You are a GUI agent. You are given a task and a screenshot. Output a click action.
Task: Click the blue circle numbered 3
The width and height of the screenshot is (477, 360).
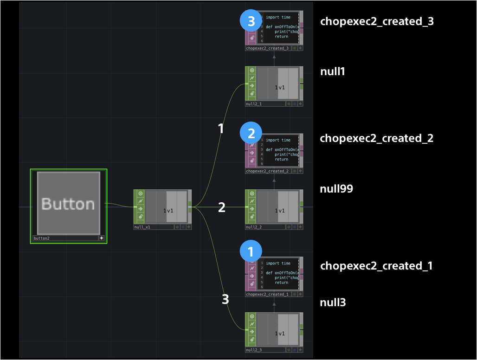[x=251, y=21]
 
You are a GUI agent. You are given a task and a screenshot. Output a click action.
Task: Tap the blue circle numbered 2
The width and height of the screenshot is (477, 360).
[x=251, y=134]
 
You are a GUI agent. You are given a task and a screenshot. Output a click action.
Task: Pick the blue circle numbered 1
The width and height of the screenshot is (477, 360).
[x=251, y=252]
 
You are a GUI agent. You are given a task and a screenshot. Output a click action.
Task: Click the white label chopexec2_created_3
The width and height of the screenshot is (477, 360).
[x=377, y=21]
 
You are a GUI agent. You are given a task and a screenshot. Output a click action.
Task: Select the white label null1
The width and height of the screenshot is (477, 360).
[x=333, y=71]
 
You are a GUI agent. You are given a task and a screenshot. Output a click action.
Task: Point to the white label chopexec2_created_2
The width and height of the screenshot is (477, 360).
[x=376, y=138]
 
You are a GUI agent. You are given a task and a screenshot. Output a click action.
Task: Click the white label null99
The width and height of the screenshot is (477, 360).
[x=336, y=189]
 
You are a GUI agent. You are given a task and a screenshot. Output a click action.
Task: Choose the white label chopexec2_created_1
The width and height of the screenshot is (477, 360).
[x=376, y=266]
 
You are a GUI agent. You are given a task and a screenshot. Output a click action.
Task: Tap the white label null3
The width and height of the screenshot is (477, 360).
[x=333, y=303]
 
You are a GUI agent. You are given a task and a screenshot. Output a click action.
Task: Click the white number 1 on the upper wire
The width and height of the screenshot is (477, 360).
[x=221, y=129]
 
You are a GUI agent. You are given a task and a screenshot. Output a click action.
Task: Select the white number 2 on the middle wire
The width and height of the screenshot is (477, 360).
[x=222, y=207]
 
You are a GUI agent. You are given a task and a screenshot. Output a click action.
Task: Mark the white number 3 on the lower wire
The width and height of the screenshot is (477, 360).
[x=225, y=300]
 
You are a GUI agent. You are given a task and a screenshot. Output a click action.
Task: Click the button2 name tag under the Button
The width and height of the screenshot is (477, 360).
[x=65, y=238]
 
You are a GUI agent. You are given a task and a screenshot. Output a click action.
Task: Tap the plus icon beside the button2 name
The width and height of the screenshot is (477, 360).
[x=102, y=238]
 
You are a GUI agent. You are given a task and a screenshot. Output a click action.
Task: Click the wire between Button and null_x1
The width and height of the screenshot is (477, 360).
[x=120, y=205]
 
